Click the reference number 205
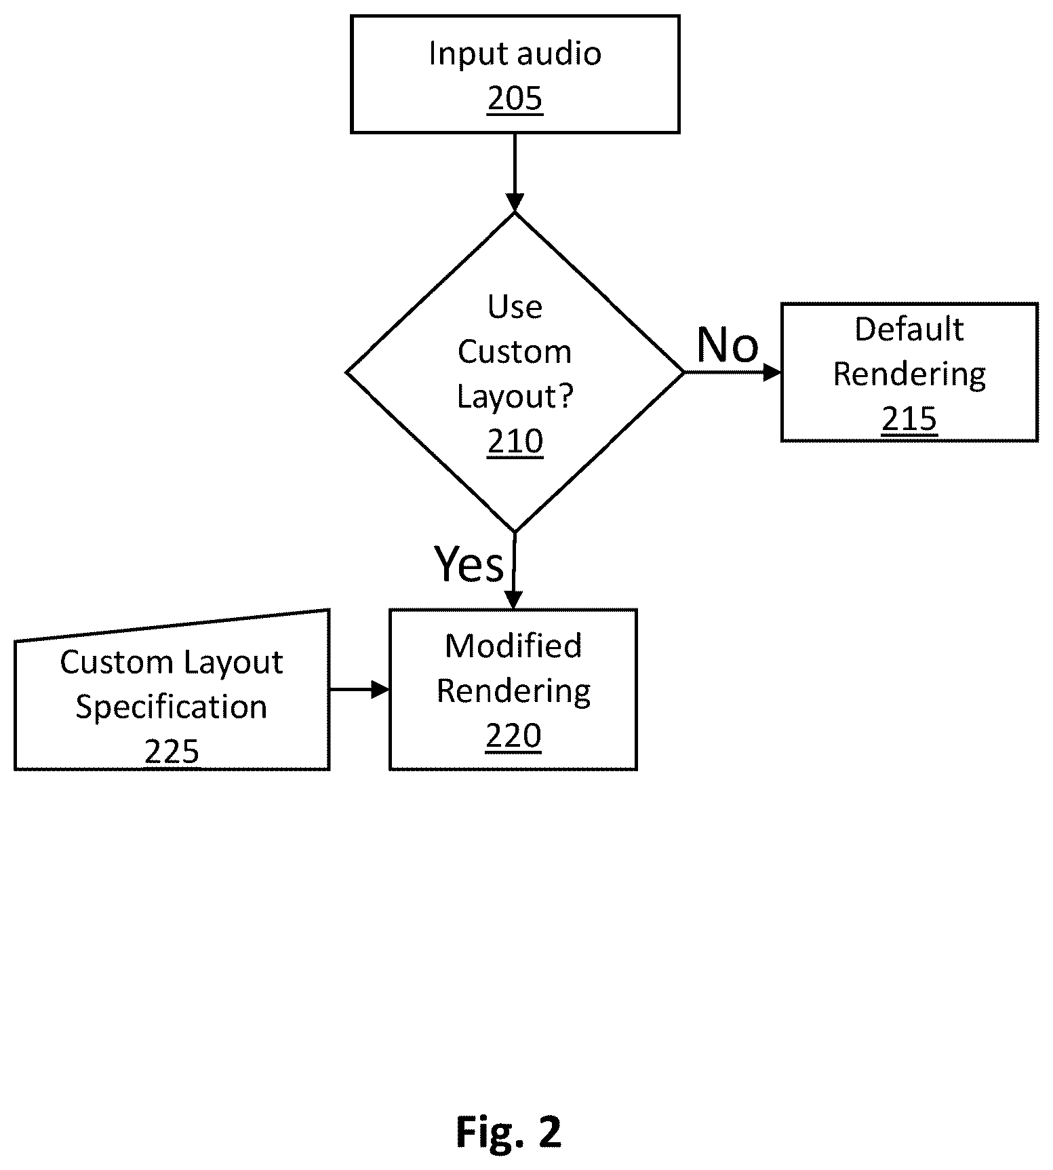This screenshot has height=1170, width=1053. (x=515, y=99)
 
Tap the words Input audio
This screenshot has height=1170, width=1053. (x=515, y=54)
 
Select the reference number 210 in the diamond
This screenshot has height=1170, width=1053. (x=515, y=442)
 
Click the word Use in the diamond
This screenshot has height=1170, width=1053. (x=515, y=307)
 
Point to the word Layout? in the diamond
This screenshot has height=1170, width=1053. (x=515, y=396)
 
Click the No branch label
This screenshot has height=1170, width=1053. (x=728, y=345)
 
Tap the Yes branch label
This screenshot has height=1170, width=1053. (x=469, y=564)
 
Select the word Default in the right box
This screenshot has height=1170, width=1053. (x=909, y=330)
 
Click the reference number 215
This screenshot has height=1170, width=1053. (x=909, y=419)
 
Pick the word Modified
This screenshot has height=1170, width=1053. (x=513, y=646)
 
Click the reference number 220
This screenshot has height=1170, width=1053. (x=513, y=736)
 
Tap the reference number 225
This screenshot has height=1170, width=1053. (x=172, y=752)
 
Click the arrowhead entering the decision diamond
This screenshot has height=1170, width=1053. (x=515, y=203)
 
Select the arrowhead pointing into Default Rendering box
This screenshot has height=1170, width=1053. (x=772, y=372)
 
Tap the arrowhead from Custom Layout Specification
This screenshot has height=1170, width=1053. (x=381, y=690)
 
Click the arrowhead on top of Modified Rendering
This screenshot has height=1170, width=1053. (x=513, y=600)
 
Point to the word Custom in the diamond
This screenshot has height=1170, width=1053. (x=515, y=352)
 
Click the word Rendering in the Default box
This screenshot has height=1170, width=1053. (x=909, y=375)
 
